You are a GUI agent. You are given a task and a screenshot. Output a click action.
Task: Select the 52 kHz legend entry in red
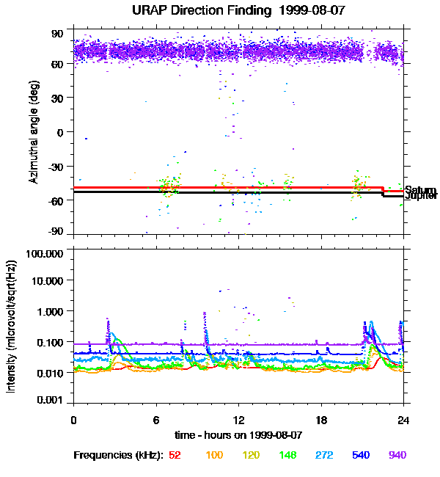click(x=175, y=455)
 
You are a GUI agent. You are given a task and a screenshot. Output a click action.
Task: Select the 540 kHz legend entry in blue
click(x=360, y=455)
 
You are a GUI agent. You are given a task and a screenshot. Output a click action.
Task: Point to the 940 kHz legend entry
click(x=397, y=455)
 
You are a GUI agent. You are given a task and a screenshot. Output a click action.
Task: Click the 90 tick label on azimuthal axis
click(x=56, y=34)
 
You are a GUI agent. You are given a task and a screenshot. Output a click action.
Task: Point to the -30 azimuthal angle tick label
click(x=54, y=166)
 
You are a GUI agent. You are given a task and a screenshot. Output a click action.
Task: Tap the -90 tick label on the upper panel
click(x=54, y=232)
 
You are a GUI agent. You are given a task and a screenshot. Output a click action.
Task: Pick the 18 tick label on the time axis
click(x=320, y=420)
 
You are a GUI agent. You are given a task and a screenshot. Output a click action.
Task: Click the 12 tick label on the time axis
click(x=238, y=420)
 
